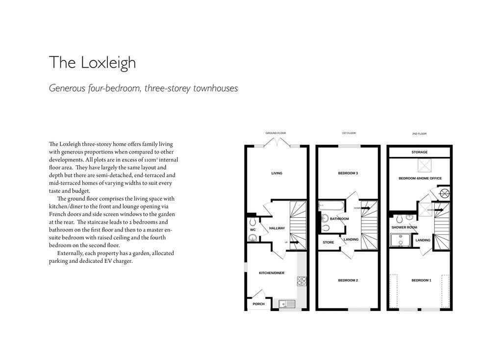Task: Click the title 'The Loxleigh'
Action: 92,63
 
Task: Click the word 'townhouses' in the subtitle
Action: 216,89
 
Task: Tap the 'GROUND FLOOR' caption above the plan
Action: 276,133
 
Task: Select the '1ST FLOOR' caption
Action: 349,133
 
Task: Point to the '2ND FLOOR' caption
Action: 419,133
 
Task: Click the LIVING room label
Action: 276,173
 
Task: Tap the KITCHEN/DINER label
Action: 272,273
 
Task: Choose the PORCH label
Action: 258,304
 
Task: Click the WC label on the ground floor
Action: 253,230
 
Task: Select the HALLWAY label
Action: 277,228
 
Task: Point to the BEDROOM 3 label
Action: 348,173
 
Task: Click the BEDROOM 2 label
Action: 348,280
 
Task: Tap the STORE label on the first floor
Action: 328,242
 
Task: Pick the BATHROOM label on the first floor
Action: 339,219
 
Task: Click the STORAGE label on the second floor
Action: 420,153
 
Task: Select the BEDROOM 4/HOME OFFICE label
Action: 420,179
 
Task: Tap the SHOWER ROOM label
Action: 404,228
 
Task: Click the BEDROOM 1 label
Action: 421,280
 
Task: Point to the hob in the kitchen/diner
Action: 302,281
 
